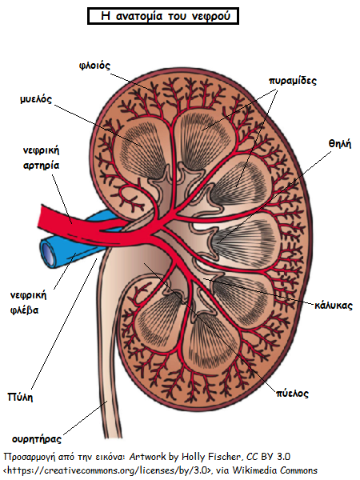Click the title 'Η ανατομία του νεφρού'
click(x=165, y=16)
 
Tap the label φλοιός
click(x=94, y=66)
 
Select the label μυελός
click(x=36, y=99)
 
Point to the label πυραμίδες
click(x=292, y=81)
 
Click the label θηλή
click(x=340, y=143)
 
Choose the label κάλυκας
click(x=334, y=306)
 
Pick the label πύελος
click(x=292, y=394)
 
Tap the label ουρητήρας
click(x=37, y=439)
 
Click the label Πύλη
click(x=20, y=397)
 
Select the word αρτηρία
click(x=41, y=166)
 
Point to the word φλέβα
click(x=24, y=310)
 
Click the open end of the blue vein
click(x=49, y=254)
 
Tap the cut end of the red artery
click(x=42, y=217)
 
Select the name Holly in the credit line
click(x=194, y=457)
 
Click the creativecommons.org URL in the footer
click(x=106, y=470)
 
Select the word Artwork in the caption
click(x=147, y=457)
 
